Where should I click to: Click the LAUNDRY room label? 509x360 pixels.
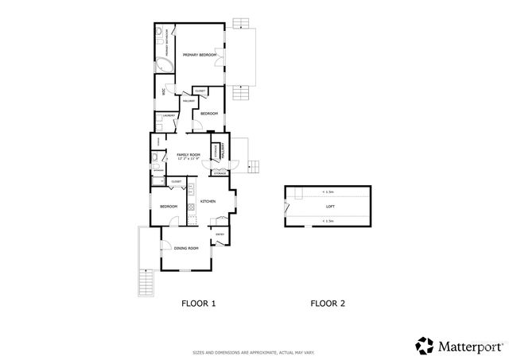(169, 116)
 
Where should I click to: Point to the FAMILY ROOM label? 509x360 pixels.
(188, 154)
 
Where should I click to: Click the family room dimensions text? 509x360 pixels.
(188, 159)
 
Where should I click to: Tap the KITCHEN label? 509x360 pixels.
(208, 202)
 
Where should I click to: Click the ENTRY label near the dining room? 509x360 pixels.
(220, 234)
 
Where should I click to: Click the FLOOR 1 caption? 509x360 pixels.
(198, 303)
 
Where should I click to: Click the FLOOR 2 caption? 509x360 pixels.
(328, 303)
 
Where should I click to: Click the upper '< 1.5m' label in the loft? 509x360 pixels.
(328, 192)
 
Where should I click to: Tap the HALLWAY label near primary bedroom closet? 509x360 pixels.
(189, 101)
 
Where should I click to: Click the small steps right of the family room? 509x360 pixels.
(254, 167)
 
